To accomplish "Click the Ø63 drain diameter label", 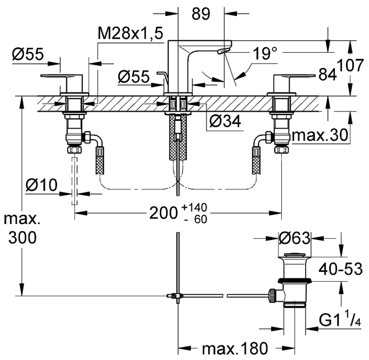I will click(295, 238).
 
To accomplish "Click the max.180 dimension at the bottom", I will click(234, 348).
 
